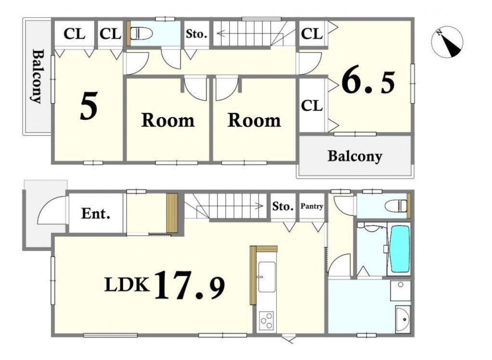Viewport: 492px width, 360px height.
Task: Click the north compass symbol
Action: (447, 42)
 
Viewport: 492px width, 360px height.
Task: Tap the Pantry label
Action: (312, 206)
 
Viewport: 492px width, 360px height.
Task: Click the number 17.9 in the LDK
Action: (190, 285)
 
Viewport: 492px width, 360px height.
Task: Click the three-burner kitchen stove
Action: (266, 321)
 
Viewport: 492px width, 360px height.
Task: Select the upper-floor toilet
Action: (141, 33)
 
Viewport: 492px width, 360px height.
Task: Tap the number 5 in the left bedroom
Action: (89, 106)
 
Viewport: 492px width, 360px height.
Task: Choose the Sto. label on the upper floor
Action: (196, 34)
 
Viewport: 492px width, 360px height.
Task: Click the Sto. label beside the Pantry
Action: (283, 206)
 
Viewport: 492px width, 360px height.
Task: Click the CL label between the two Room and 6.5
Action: (312, 106)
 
